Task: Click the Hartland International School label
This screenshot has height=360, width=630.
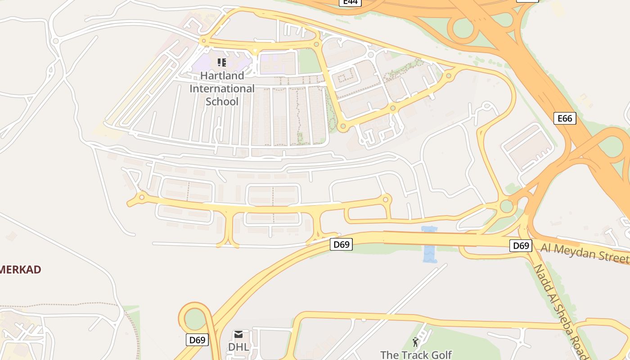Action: [222, 89]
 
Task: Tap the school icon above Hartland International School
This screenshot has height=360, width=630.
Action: [222, 62]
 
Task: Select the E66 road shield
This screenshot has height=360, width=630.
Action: [565, 118]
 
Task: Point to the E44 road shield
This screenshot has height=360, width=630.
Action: [350, 2]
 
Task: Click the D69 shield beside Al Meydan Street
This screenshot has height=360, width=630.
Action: [521, 246]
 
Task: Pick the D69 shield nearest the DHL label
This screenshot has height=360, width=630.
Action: [197, 340]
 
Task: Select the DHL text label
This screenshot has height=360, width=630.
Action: [238, 347]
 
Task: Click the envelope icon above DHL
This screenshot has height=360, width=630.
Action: [238, 334]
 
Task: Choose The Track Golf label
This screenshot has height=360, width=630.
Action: [416, 355]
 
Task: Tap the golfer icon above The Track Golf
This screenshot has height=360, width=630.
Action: [415, 342]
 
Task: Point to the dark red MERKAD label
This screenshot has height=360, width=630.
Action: [20, 270]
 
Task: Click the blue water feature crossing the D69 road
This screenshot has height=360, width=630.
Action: [430, 245]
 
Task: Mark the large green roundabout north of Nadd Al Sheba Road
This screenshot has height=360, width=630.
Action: [506, 207]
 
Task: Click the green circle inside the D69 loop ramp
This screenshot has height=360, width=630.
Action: [194, 319]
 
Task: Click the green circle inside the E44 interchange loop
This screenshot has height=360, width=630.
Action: [463, 28]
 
